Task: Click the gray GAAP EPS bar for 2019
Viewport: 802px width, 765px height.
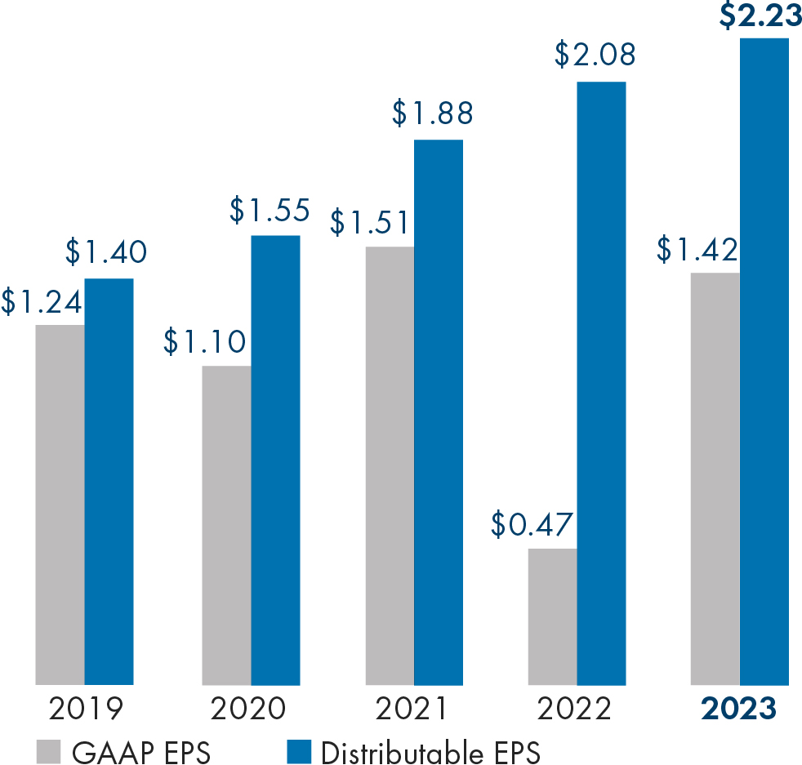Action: click(x=60, y=504)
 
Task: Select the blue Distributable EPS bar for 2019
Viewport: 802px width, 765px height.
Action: click(x=109, y=481)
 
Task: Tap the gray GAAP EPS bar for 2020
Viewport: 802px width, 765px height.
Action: click(x=226, y=524)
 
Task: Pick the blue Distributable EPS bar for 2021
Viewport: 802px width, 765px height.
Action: click(x=439, y=411)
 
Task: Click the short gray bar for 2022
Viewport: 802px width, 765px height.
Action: click(x=552, y=616)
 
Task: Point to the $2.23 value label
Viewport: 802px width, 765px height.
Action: click(x=760, y=16)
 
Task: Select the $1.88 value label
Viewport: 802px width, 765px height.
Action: click(x=432, y=113)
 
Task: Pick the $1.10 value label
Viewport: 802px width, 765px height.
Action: click(x=204, y=341)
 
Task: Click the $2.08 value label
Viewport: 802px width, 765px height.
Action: click(x=595, y=56)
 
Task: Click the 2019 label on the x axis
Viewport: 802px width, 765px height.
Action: click(x=85, y=708)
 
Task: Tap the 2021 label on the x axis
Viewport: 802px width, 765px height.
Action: click(x=412, y=708)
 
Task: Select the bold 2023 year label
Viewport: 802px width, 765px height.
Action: click(x=738, y=708)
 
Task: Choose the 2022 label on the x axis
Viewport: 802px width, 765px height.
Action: click(x=575, y=708)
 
